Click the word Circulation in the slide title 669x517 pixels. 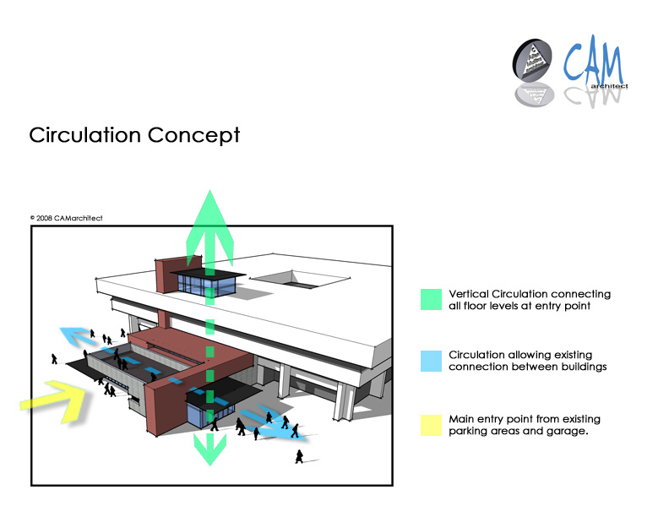point(85,135)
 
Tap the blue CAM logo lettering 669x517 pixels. point(594,60)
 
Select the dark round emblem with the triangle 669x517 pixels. point(532,60)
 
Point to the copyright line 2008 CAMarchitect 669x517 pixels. point(67,218)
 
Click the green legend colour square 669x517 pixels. point(431,299)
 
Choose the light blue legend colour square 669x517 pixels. point(431,361)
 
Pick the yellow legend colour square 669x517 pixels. point(431,425)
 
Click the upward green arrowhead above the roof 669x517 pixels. point(209,226)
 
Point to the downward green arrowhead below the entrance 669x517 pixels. point(209,449)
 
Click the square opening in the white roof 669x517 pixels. point(300,280)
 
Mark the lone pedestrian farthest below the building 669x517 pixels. point(299,456)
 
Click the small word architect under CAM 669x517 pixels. point(609,86)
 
